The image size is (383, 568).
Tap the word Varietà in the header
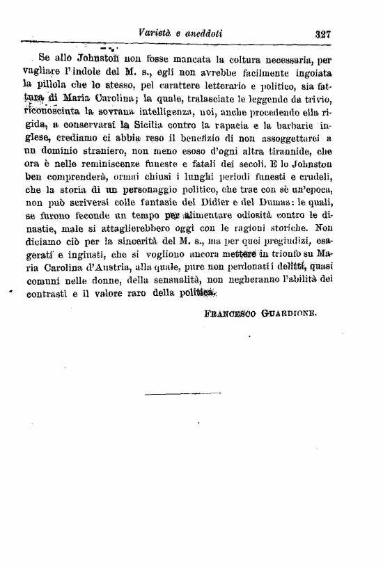point(156,33)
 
